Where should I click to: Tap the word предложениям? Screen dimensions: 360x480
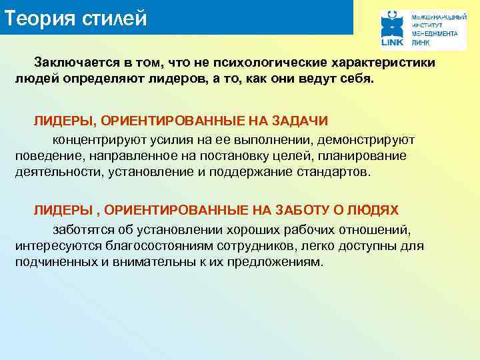272,262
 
